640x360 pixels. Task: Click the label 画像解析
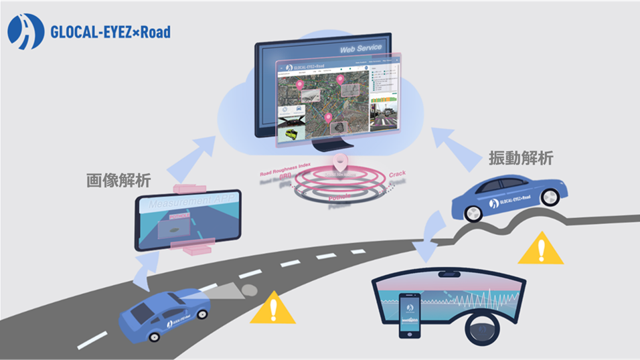118,180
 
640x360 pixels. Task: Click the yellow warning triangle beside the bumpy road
542,249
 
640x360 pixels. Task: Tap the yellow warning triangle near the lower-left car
272,309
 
